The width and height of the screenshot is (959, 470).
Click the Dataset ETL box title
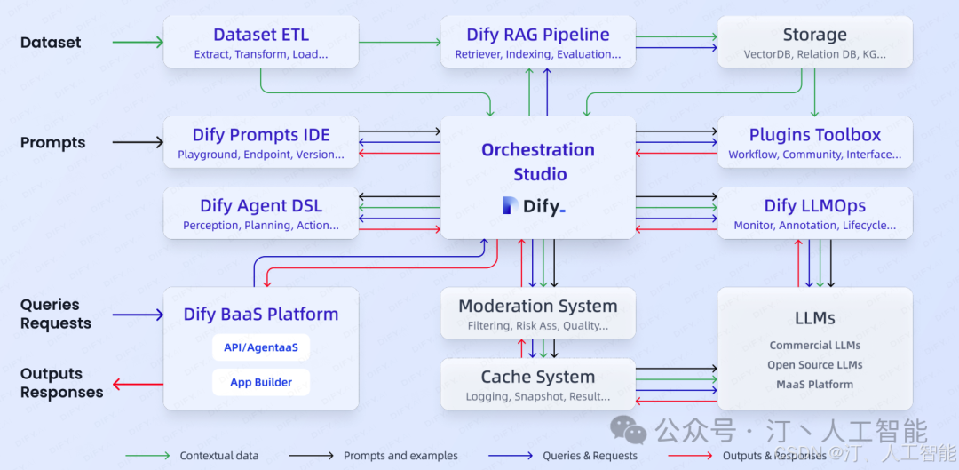[x=261, y=35]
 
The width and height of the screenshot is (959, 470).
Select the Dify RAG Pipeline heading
[x=538, y=35]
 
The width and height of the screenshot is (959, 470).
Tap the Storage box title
[x=814, y=35]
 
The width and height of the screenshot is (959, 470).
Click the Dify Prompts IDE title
[x=261, y=135]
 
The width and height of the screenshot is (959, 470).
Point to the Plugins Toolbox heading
[x=814, y=135]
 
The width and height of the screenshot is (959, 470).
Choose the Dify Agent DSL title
[x=261, y=205]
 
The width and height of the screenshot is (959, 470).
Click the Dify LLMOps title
[x=814, y=205]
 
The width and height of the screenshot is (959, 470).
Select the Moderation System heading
[x=538, y=306]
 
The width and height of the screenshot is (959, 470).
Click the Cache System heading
[x=538, y=377]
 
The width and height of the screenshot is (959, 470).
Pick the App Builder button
[x=261, y=382]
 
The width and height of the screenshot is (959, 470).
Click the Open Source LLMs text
[x=814, y=364]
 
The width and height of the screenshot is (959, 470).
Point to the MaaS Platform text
[x=814, y=385]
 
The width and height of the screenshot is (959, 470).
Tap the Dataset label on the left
[x=51, y=42]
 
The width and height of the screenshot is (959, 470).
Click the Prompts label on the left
[x=53, y=142]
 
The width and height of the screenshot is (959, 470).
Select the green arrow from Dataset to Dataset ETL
[x=138, y=42]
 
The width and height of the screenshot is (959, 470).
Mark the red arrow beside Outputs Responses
[x=138, y=384]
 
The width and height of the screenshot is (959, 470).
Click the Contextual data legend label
[x=219, y=456]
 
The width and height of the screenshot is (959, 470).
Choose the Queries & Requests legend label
[x=590, y=456]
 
